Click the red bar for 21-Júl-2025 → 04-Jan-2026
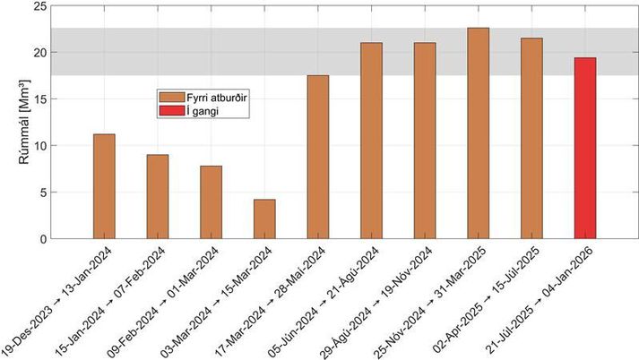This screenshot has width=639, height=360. coord(584,149)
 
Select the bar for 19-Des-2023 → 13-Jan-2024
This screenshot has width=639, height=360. coord(104,186)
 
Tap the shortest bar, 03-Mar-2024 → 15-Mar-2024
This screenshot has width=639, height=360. coord(264,219)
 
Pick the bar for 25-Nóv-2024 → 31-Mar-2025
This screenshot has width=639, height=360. coord(478,133)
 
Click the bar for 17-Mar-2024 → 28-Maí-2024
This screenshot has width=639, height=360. coord(317,157)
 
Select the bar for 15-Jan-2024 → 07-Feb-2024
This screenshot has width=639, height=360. coord(158,197)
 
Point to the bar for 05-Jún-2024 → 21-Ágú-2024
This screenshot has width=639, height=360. coord(371,141)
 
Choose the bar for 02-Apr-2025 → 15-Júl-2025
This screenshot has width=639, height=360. coord(531,139)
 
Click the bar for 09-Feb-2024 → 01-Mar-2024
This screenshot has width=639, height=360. coord(211,202)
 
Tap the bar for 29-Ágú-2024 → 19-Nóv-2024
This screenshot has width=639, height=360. coord(425,141)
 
